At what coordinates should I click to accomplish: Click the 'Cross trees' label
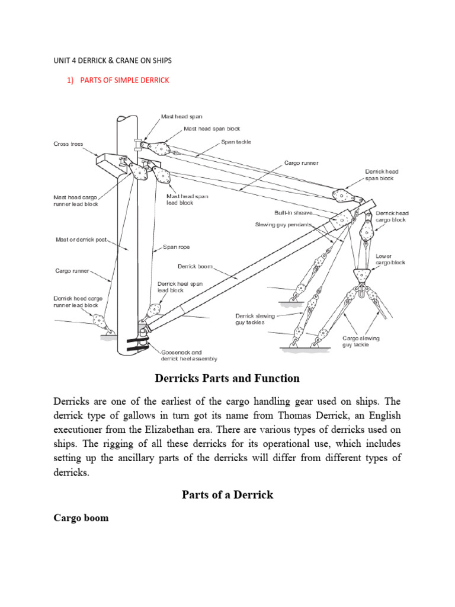pos(69,143)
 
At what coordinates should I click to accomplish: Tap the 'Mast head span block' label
pos(212,129)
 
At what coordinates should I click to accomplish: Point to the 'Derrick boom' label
pos(195,266)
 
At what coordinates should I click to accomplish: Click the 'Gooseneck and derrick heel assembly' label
pos(189,356)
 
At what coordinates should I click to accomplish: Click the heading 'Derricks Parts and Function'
pos(227,378)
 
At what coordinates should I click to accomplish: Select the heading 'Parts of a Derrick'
pos(227,494)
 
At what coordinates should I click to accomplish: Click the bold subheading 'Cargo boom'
pos(81,517)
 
